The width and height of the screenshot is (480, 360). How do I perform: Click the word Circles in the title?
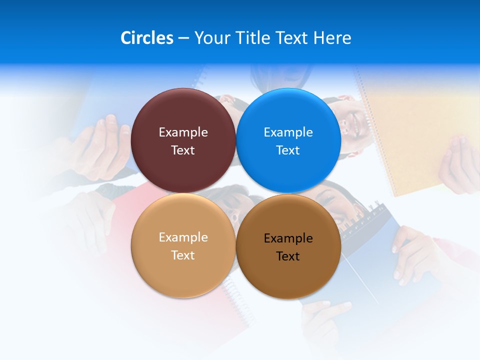pyautogui.click(x=146, y=38)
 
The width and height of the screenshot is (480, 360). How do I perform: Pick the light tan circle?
pyautogui.click(x=183, y=272)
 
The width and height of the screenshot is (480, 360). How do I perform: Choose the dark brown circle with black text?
pyautogui.click(x=288, y=275)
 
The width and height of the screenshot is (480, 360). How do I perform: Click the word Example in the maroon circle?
pyautogui.click(x=183, y=132)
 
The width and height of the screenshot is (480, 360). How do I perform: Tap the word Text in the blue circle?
pyautogui.click(x=288, y=150)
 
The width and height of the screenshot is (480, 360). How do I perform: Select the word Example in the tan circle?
pyautogui.click(x=183, y=237)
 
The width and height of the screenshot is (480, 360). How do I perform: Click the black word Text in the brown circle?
pyautogui.click(x=288, y=256)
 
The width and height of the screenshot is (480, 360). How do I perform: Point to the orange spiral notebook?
pyautogui.click(x=415, y=130)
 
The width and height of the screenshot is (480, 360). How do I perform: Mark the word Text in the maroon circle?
pyautogui.click(x=183, y=150)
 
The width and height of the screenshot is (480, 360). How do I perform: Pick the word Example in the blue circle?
pyautogui.click(x=288, y=132)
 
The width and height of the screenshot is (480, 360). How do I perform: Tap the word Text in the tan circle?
pyautogui.click(x=183, y=255)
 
